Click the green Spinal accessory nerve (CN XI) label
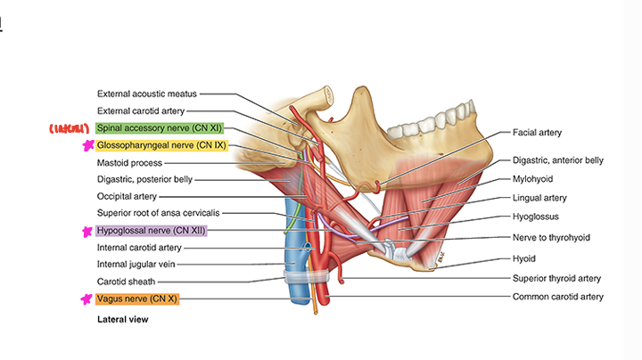click(159, 128)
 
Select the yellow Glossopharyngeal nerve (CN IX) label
click(160, 145)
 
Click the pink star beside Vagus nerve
click(86, 299)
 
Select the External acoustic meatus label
click(147, 94)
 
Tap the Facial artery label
click(537, 132)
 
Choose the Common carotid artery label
click(557, 296)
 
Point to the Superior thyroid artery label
click(556, 278)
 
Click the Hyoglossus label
click(536, 216)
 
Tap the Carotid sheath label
click(126, 281)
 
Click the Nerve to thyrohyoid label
click(551, 238)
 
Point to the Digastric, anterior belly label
click(557, 160)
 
